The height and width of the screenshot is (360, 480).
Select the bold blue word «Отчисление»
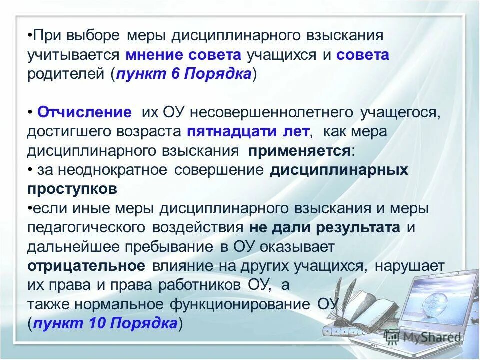click(84, 112)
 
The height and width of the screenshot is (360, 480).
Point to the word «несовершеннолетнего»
click(259, 112)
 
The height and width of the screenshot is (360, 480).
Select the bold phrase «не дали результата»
click(325, 228)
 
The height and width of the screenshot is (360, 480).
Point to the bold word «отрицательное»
click(87, 266)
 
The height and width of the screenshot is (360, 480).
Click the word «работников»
click(200, 285)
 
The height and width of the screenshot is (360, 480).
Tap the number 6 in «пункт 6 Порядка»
click(174, 74)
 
